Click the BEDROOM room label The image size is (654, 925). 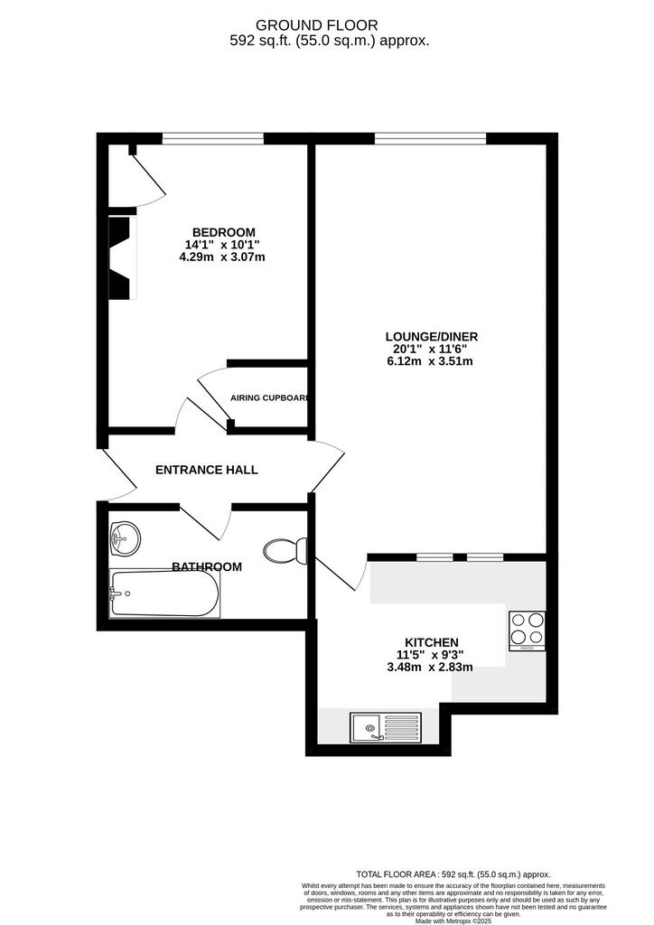coord(223,232)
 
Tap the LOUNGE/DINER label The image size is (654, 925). coord(432,336)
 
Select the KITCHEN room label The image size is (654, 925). coord(432,642)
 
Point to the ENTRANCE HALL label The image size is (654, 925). coord(206,470)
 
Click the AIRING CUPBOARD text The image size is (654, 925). coord(269,397)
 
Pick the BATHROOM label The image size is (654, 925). coord(206,567)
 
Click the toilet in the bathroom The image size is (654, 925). coord(285,550)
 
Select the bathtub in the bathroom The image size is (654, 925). coord(164,593)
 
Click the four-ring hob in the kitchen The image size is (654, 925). coord(528,631)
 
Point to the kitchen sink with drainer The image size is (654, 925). coord(386,727)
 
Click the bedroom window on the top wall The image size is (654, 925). coord(213,138)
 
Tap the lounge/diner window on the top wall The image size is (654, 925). coord(431,138)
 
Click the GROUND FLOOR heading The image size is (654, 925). coord(317,25)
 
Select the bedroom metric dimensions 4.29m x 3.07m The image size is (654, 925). coord(221,257)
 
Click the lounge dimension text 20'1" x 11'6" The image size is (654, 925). coord(430,349)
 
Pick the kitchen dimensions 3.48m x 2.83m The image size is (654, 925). coord(430,668)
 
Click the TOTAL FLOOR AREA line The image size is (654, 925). coord(453,874)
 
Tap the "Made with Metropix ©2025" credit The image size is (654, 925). coord(453,920)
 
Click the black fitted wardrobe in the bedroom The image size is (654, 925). coord(120,257)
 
